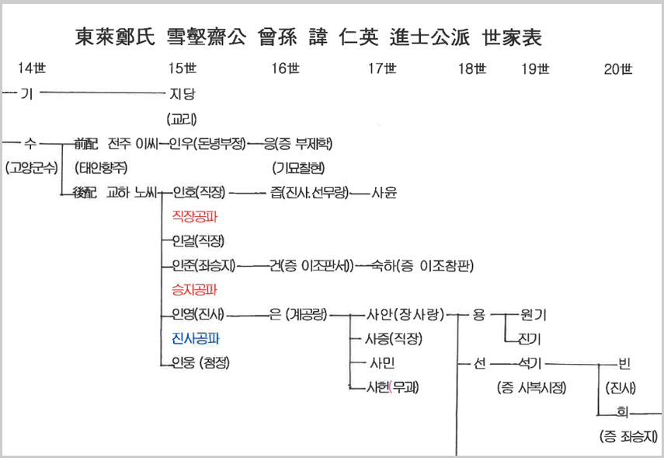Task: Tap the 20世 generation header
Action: (x=618, y=69)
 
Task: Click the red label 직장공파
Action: (x=194, y=216)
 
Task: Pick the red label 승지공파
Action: (x=194, y=289)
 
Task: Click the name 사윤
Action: (x=384, y=192)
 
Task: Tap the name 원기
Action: (x=534, y=314)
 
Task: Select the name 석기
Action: (x=528, y=363)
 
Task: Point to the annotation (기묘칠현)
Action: (x=299, y=167)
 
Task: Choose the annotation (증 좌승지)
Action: (x=629, y=436)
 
